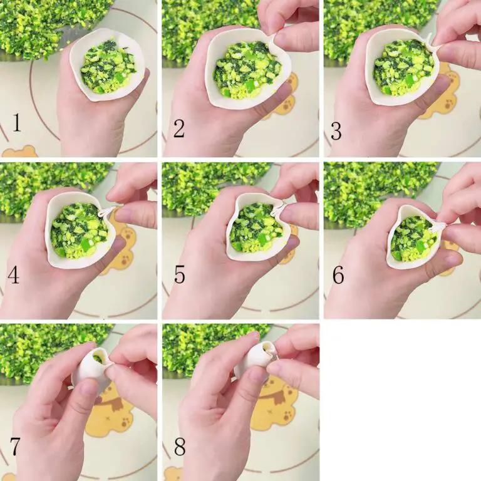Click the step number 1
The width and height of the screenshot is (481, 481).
(17, 122)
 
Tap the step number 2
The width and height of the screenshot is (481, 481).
(179, 128)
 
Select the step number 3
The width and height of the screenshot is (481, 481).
(336, 131)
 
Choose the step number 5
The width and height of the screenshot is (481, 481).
(180, 274)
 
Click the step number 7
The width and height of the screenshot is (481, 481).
(15, 447)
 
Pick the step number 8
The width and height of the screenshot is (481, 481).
(180, 447)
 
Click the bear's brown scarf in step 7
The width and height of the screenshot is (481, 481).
(113, 403)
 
